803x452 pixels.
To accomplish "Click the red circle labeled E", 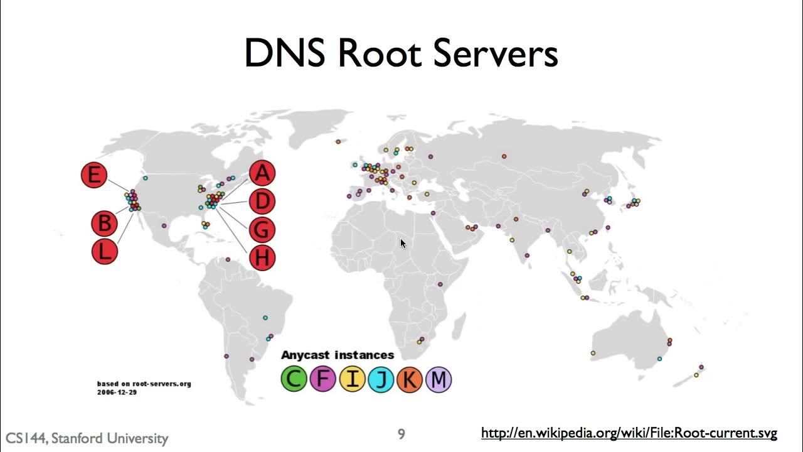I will [94, 175].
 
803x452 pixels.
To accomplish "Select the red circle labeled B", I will [104, 223].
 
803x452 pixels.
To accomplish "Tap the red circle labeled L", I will [105, 252].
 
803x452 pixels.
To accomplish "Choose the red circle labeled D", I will [262, 202].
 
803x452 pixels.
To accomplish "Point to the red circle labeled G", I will [262, 230].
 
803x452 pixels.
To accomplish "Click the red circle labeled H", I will [262, 257].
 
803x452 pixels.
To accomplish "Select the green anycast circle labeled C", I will [294, 379].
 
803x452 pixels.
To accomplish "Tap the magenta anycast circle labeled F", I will [322, 379].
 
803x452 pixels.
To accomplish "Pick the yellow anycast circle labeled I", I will [352, 379].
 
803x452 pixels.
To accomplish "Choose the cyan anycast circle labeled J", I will [381, 379].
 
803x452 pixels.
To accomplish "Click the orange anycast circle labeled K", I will [410, 379].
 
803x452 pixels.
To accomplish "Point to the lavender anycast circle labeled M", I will [439, 379].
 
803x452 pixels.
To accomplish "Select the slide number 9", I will [401, 434].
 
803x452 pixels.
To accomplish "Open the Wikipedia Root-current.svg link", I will [629, 433].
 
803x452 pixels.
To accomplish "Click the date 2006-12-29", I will [117, 392].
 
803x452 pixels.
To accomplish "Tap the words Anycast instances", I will [338, 355].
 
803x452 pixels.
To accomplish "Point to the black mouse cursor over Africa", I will [403, 244].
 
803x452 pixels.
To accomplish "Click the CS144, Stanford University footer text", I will [87, 438].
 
